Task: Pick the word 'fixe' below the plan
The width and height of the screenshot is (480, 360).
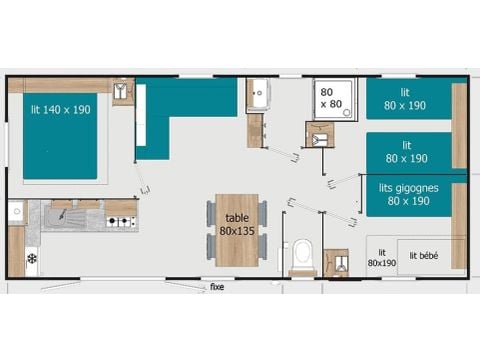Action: pyautogui.click(x=216, y=287)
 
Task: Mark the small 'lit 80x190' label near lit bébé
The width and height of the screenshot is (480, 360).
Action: pyautogui.click(x=380, y=258)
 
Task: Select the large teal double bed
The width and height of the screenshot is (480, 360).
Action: pyautogui.click(x=61, y=139)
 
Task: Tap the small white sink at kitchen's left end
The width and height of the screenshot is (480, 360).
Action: pyautogui.click(x=16, y=212)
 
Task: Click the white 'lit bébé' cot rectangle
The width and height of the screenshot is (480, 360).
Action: pyautogui.click(x=430, y=255)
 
